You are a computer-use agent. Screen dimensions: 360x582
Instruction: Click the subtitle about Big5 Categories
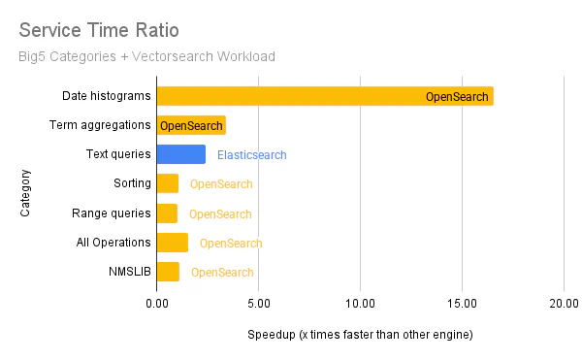146,56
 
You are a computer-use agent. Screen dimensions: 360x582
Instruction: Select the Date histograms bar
325,96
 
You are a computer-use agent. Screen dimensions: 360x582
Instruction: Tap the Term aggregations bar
191,125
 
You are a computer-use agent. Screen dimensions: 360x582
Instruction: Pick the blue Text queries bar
181,154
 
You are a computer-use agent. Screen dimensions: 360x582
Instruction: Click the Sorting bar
168,183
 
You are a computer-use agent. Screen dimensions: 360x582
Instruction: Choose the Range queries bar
167,213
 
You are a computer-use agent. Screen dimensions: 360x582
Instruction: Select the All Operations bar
173,243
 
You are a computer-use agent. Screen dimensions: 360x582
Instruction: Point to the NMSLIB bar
168,272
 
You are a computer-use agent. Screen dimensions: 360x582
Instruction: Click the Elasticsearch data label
251,155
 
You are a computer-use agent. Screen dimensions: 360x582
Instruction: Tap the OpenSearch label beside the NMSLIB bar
222,273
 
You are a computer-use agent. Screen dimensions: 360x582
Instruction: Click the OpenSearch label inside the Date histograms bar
457,97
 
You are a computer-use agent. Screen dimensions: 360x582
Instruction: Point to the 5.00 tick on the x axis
258,302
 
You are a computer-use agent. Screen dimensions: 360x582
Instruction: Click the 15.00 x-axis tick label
462,302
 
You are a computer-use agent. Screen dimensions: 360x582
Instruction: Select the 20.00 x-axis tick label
564,302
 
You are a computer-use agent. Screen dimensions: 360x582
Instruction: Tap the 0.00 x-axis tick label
156,302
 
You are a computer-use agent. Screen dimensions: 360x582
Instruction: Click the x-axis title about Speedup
360,335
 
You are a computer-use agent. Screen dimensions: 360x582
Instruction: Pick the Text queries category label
118,154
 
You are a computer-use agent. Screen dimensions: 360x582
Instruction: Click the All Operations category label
113,243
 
